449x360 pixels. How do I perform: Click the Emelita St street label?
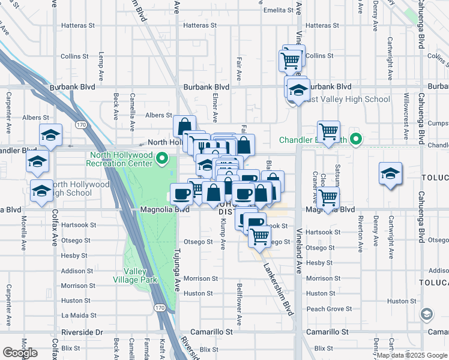click(280, 10)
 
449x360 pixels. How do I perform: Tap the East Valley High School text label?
click(346, 100)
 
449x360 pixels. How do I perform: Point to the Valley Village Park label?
click(134, 275)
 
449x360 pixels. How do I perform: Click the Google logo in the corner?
click(19, 352)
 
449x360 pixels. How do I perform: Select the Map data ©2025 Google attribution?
click(412, 355)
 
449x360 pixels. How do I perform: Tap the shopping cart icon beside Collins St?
click(291, 61)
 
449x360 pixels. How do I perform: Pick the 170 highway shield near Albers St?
click(80, 124)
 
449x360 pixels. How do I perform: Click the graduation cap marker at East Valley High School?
click(297, 90)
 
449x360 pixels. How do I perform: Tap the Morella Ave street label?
click(24, 235)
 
